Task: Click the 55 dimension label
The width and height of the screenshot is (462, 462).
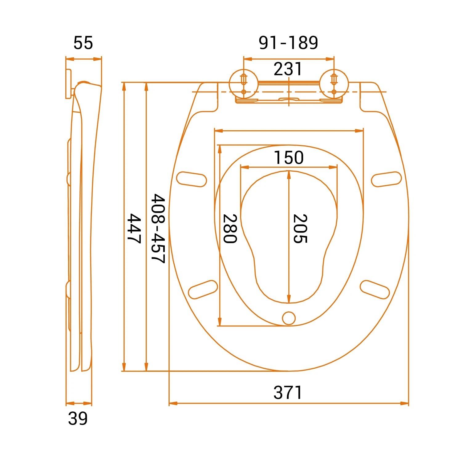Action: (x=83, y=43)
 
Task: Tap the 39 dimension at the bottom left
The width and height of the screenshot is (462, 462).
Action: (x=78, y=419)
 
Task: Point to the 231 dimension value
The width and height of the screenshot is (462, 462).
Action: (x=288, y=69)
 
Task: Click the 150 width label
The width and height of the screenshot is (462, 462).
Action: (x=289, y=158)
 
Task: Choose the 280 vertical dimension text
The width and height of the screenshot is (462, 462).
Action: (x=230, y=229)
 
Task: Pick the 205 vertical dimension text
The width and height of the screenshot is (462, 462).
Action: (x=300, y=229)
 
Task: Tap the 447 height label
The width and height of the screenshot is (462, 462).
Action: (x=134, y=229)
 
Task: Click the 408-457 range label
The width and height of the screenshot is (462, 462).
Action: (x=158, y=229)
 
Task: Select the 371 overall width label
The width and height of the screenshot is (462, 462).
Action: (x=288, y=393)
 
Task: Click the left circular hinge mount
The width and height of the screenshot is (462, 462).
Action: (x=243, y=83)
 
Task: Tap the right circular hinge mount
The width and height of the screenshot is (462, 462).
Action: (x=334, y=83)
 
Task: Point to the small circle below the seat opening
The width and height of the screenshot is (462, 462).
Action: (x=289, y=318)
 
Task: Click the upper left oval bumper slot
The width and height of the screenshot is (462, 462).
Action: (x=191, y=179)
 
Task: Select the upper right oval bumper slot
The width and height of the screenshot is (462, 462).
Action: (x=386, y=179)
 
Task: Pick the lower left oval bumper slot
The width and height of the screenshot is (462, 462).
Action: (x=203, y=290)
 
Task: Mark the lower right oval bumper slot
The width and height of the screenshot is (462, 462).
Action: (x=375, y=290)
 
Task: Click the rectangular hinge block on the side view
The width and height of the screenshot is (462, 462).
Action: (x=68, y=84)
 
